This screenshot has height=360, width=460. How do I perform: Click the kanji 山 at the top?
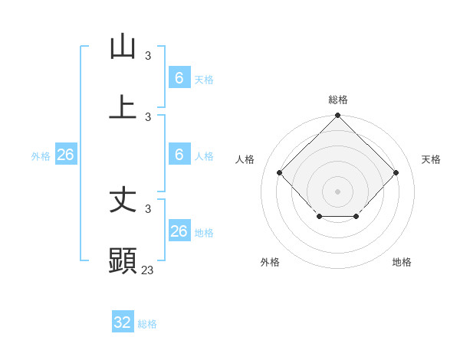pos(123,47)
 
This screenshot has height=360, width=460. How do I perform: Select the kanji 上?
pos(123,107)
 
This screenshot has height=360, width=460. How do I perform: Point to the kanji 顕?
pos(123,261)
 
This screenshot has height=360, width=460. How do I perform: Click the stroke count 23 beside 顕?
pos(148,270)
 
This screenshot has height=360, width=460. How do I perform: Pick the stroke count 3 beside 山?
pos(148,56)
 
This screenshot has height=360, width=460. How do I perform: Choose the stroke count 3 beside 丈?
pos(148,208)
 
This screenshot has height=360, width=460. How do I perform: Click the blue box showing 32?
pos(123,322)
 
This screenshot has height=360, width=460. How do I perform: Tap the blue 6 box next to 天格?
pos(179,78)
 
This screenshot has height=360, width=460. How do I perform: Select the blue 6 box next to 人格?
pos(179,155)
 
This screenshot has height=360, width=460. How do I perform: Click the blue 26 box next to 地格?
pos(179,231)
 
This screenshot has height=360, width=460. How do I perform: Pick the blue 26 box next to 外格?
pos(65,155)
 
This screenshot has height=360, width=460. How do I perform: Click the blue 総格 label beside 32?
pos(147,324)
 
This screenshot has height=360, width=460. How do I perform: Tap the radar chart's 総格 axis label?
pos(337,100)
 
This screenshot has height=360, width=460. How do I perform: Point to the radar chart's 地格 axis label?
pos(402,262)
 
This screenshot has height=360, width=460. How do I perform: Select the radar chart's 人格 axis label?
pos(245,159)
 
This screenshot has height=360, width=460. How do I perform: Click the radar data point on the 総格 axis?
pos(337,116)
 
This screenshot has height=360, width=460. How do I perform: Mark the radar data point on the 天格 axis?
pos(396,172)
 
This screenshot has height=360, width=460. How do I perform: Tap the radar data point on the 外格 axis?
pos(319,218)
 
